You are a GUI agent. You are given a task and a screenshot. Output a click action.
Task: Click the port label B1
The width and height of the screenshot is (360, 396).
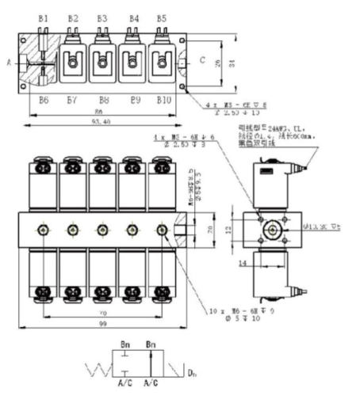[44, 17]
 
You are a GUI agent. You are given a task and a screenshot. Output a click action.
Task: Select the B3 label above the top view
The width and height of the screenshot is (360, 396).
[102, 17]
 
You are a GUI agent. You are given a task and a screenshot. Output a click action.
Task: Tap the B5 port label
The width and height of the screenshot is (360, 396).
[162, 17]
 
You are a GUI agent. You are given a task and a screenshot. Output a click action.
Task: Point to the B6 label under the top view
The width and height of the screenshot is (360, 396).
[44, 99]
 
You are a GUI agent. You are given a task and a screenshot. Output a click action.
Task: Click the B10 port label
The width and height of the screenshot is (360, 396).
[163, 99]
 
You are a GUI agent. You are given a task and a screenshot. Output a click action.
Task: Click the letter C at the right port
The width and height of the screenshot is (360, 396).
[202, 59]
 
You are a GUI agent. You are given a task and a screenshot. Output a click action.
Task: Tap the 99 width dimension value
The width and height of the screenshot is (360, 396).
[101, 326]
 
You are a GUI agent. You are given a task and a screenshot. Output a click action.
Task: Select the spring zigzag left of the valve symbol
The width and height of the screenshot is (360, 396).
[100, 369]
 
